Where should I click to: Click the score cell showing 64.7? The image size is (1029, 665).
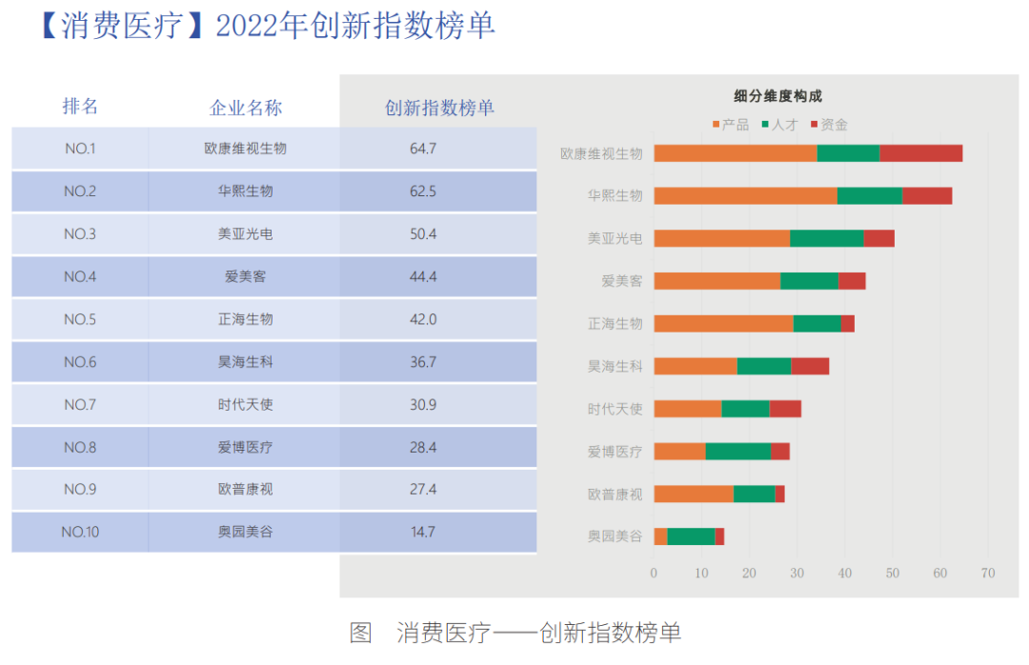click(x=423, y=149)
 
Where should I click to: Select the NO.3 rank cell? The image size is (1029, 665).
click(x=80, y=234)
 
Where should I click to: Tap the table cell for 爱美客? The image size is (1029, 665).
click(x=245, y=277)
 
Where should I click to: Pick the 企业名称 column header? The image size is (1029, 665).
click(x=246, y=108)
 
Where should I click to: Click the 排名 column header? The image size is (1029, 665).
click(x=80, y=106)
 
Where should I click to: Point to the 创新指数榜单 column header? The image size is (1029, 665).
click(x=439, y=108)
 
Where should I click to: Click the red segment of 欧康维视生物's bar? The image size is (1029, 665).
click(x=920, y=153)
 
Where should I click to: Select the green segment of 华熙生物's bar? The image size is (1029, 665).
click(x=869, y=195)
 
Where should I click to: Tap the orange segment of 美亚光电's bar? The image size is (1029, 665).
click(x=721, y=238)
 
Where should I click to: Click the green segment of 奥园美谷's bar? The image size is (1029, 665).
click(x=691, y=536)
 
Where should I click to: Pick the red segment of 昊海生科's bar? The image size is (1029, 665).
click(x=810, y=366)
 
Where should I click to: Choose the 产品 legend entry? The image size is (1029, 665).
click(x=730, y=125)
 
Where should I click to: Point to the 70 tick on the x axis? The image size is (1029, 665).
click(x=987, y=574)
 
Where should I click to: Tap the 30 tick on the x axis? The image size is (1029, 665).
click(x=797, y=574)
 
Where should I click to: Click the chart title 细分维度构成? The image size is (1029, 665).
click(x=777, y=96)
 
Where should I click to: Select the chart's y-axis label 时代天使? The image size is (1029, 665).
click(x=615, y=409)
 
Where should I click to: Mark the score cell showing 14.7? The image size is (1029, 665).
click(x=423, y=533)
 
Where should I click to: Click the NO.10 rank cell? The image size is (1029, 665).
click(x=80, y=533)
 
